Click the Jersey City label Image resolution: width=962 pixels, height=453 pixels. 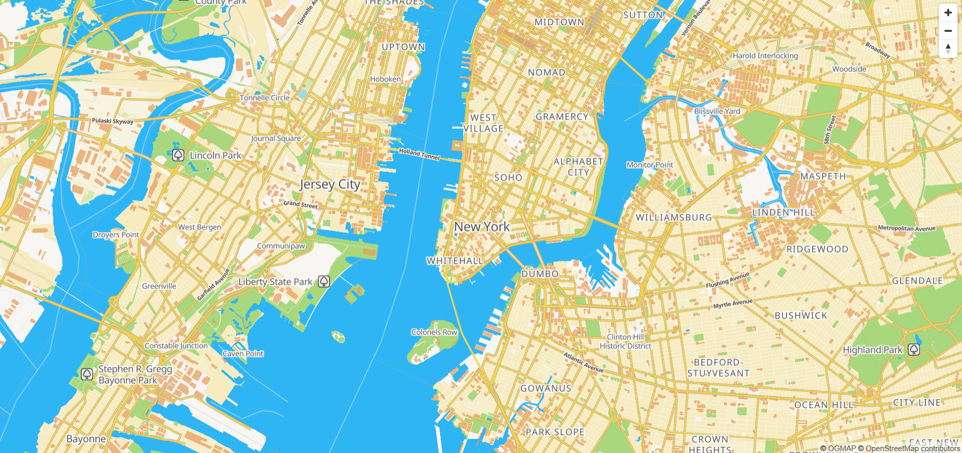[x=330, y=185]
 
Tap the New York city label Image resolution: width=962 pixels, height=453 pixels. [x=482, y=227]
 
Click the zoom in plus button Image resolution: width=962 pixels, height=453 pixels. [x=947, y=13]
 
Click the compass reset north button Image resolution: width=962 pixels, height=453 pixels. [x=947, y=49]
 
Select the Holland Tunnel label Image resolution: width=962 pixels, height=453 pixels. [x=419, y=154]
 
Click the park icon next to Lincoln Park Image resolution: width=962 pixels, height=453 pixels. [x=178, y=155]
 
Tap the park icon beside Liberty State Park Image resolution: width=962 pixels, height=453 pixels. [x=324, y=281]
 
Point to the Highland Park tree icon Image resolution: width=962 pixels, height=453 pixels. [x=914, y=349]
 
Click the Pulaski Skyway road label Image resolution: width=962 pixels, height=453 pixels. [x=112, y=121]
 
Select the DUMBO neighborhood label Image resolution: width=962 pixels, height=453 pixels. [x=539, y=274]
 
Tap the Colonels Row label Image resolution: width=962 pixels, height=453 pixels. [x=434, y=332]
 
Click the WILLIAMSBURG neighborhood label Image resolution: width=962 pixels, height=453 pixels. [x=673, y=218]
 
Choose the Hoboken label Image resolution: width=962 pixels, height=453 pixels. [x=385, y=79]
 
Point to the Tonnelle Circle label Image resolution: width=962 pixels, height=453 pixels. [x=264, y=98]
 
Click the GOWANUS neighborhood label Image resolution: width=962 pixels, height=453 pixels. [x=545, y=388]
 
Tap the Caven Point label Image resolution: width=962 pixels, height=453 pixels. [x=243, y=354]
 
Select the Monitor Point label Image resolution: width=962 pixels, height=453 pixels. [x=649, y=165]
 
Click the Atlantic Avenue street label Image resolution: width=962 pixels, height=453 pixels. [x=584, y=362]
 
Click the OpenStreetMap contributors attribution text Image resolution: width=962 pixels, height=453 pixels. [x=912, y=448]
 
